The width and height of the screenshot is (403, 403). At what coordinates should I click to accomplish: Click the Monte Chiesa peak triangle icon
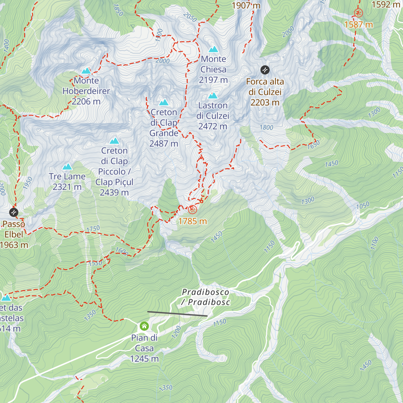pos(213,49)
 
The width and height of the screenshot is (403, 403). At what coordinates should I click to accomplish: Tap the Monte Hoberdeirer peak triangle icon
pos(86,71)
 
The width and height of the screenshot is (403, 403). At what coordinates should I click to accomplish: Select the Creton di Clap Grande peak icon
pos(164,102)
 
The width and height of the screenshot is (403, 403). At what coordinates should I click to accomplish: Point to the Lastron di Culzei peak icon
pos(213,96)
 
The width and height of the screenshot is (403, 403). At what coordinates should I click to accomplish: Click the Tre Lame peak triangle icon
pos(67,167)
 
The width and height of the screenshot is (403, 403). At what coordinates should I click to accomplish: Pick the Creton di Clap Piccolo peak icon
pos(115,140)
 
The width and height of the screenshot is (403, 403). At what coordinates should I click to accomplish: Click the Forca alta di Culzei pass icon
pos(265,70)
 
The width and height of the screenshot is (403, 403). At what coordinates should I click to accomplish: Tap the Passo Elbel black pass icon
pos(13,212)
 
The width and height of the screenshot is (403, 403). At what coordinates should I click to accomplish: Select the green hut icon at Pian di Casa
pos(144,326)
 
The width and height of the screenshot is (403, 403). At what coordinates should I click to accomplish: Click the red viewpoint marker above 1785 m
pos(192,210)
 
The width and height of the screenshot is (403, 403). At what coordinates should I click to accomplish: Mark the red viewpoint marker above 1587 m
pos(358,13)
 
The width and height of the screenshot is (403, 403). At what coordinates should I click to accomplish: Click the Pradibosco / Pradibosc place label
pos(206,297)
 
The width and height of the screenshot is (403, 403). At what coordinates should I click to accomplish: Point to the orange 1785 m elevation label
pos(192,221)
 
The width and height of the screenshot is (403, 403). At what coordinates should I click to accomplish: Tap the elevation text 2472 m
pos(213,127)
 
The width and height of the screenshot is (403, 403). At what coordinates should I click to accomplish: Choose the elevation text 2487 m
pos(164,144)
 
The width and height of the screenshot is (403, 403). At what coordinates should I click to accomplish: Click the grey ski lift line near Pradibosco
pos(177,314)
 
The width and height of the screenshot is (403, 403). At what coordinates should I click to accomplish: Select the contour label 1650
pos(313,145)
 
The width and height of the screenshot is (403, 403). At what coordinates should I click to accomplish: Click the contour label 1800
pos(266,127)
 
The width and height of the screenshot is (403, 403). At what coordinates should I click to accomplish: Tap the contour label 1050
pos(363,205)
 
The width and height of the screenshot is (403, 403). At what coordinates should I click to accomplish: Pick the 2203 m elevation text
pos(265,102)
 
